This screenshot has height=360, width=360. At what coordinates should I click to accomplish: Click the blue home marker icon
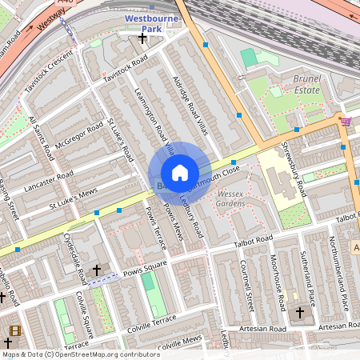point(180,173)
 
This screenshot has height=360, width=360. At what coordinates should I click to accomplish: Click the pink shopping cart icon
point(345,122)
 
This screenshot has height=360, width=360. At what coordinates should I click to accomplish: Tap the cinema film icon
point(14,330)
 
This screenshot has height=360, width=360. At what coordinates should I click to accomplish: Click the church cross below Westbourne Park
point(142,38)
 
